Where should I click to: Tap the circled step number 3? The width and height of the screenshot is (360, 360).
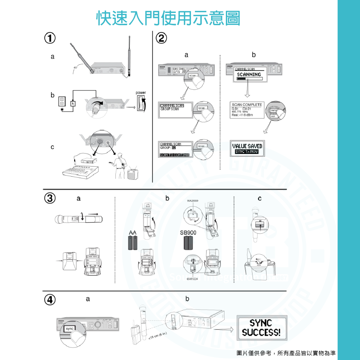[50, 198]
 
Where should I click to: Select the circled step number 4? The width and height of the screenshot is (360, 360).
[50, 300]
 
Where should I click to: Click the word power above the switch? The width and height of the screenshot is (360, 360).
[141, 93]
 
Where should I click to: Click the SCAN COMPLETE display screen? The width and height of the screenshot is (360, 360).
[247, 110]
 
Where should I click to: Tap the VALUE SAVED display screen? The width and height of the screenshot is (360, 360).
[247, 148]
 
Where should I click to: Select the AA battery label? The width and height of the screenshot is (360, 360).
[132, 232]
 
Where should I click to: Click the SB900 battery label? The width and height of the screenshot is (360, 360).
[188, 232]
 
